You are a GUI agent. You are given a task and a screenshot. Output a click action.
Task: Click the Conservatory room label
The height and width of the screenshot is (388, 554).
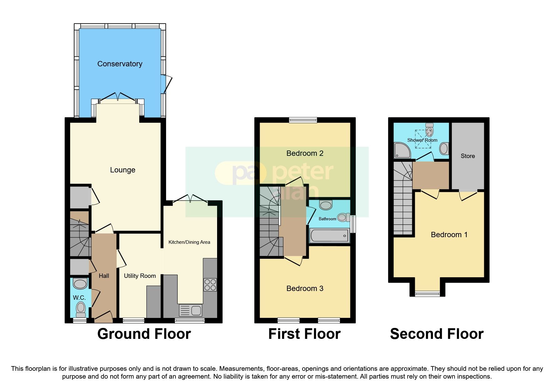click(x=120, y=64)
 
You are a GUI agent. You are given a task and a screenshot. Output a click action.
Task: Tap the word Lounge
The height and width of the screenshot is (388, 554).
click(x=123, y=170)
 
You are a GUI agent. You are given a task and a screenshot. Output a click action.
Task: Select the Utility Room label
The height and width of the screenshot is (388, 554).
click(x=140, y=276)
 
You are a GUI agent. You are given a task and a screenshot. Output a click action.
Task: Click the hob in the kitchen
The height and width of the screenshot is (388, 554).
click(x=210, y=284)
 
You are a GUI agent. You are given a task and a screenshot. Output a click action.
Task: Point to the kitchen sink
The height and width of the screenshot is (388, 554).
click(x=191, y=310)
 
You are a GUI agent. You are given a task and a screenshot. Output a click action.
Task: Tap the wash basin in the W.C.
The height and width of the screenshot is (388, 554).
click(x=80, y=284)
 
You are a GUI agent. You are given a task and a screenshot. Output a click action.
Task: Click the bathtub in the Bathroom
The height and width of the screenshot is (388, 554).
click(x=329, y=236)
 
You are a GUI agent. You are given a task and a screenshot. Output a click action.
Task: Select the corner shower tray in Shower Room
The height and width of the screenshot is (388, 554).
click(x=402, y=151)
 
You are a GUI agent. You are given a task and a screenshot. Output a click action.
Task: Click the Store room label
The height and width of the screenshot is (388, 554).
click(x=468, y=156)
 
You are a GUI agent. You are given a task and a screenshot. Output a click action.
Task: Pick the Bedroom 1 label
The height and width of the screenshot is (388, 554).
click(x=449, y=235)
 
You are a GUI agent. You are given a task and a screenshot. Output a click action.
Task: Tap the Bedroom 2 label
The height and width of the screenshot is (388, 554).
click(x=305, y=153)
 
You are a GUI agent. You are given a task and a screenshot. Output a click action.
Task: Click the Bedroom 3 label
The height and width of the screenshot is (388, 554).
click(x=305, y=288)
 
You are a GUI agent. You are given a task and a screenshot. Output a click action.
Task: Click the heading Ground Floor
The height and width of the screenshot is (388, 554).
click(x=144, y=334)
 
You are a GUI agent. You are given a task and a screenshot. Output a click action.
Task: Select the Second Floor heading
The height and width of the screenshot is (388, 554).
click(x=437, y=334)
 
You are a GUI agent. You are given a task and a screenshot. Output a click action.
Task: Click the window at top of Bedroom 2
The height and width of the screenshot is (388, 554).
click(x=303, y=120)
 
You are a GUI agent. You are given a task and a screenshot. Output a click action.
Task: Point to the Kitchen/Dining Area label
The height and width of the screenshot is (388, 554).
click(x=189, y=242)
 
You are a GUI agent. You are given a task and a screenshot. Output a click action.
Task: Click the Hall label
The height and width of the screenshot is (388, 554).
click(x=104, y=276)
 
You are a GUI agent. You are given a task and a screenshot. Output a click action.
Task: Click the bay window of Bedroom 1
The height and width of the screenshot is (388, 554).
click(x=427, y=294)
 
